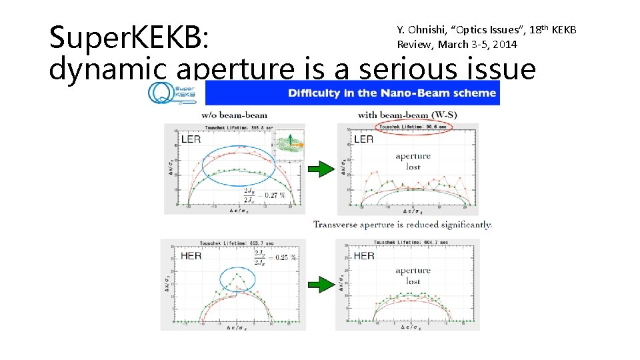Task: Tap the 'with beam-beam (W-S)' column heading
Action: (x=407, y=115)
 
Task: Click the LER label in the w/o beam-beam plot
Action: (x=191, y=139)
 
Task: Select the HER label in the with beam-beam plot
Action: (x=364, y=256)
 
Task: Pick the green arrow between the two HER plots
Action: (x=323, y=285)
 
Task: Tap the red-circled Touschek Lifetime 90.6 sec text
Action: (x=414, y=126)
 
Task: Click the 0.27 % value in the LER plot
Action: (x=273, y=195)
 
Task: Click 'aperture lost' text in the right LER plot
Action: (x=413, y=161)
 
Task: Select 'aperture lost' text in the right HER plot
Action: (x=413, y=276)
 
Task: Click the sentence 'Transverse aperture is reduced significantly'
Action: (x=403, y=225)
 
